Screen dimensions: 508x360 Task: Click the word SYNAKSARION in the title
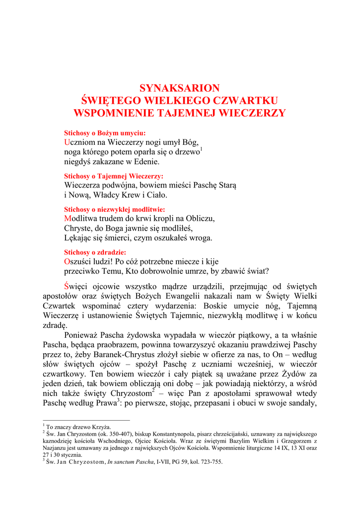(180, 88)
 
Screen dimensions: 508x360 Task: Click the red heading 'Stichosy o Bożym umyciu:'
(105, 133)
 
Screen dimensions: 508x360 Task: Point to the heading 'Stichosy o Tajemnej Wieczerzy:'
(114, 176)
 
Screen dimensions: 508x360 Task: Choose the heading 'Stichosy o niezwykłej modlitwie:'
(115, 209)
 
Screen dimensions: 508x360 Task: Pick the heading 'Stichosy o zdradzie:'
(95, 252)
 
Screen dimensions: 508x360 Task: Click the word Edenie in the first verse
(144, 162)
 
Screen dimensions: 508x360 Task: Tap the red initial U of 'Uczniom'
(67, 142)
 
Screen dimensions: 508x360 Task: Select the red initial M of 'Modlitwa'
(68, 218)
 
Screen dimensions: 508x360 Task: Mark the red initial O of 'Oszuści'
(68, 261)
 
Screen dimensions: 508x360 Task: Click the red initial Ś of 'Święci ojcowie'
(68, 287)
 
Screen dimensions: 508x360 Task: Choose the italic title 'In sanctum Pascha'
(131, 462)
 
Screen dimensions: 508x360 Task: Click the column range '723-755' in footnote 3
(211, 462)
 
